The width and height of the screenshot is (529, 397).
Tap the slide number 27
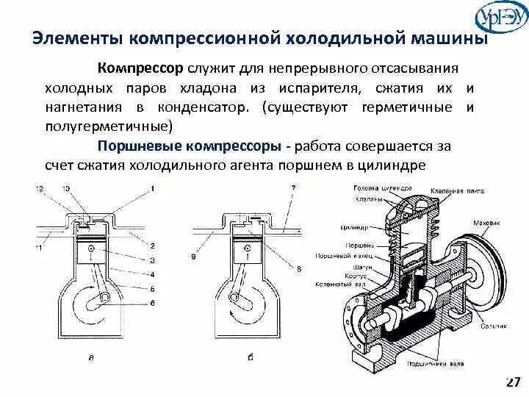(513, 382)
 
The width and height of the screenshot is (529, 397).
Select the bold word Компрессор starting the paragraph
(140, 68)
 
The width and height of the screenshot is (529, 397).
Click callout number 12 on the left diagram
(39, 190)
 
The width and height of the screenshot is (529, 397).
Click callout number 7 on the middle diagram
(292, 189)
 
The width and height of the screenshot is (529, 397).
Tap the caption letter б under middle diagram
(251, 358)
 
